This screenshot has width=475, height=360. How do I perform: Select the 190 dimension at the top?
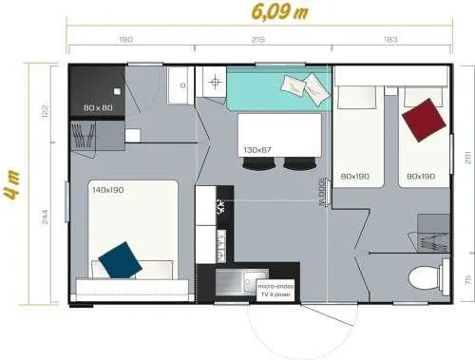point(125,40)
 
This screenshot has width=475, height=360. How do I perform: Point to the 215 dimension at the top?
point(256,40)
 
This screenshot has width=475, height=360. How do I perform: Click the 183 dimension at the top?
point(391,40)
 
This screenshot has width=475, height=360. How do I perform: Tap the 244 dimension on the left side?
point(44,217)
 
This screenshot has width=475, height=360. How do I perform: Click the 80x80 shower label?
point(98,107)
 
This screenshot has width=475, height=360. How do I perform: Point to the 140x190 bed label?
point(110,189)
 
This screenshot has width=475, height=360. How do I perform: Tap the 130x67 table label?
point(257,150)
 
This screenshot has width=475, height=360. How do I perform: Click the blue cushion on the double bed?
point(119,258)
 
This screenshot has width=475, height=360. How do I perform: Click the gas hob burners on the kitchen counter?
point(220,208)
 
